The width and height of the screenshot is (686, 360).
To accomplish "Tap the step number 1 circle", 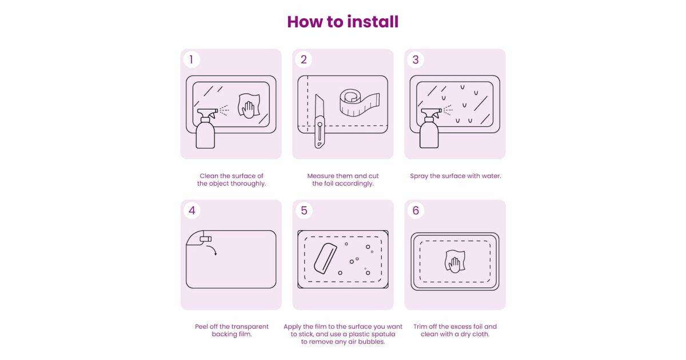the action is tap(192, 59).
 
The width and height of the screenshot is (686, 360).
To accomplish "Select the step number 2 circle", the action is tap(304, 59).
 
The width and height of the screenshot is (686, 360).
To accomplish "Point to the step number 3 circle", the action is tap(416, 59).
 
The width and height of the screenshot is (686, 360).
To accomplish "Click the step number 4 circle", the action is tap(192, 210).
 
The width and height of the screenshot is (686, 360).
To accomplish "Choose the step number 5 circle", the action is tap(304, 210).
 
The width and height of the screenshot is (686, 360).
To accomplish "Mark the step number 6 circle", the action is tap(416, 210).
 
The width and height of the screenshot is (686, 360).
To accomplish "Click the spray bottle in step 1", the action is tap(206, 128).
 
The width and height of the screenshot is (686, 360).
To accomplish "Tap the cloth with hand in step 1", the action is tap(249, 106).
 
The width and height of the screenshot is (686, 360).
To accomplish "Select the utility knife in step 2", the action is tap(320, 122).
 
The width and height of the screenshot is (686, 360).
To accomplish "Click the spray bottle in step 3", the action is tap(430, 128).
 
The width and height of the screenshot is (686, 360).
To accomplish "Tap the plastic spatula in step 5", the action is tap(325, 258).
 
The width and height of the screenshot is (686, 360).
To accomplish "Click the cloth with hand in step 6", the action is tap(455, 261).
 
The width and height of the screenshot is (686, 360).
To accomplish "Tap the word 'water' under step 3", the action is tap(491, 176).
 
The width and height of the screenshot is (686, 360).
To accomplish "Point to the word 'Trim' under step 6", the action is tap(420, 327).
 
